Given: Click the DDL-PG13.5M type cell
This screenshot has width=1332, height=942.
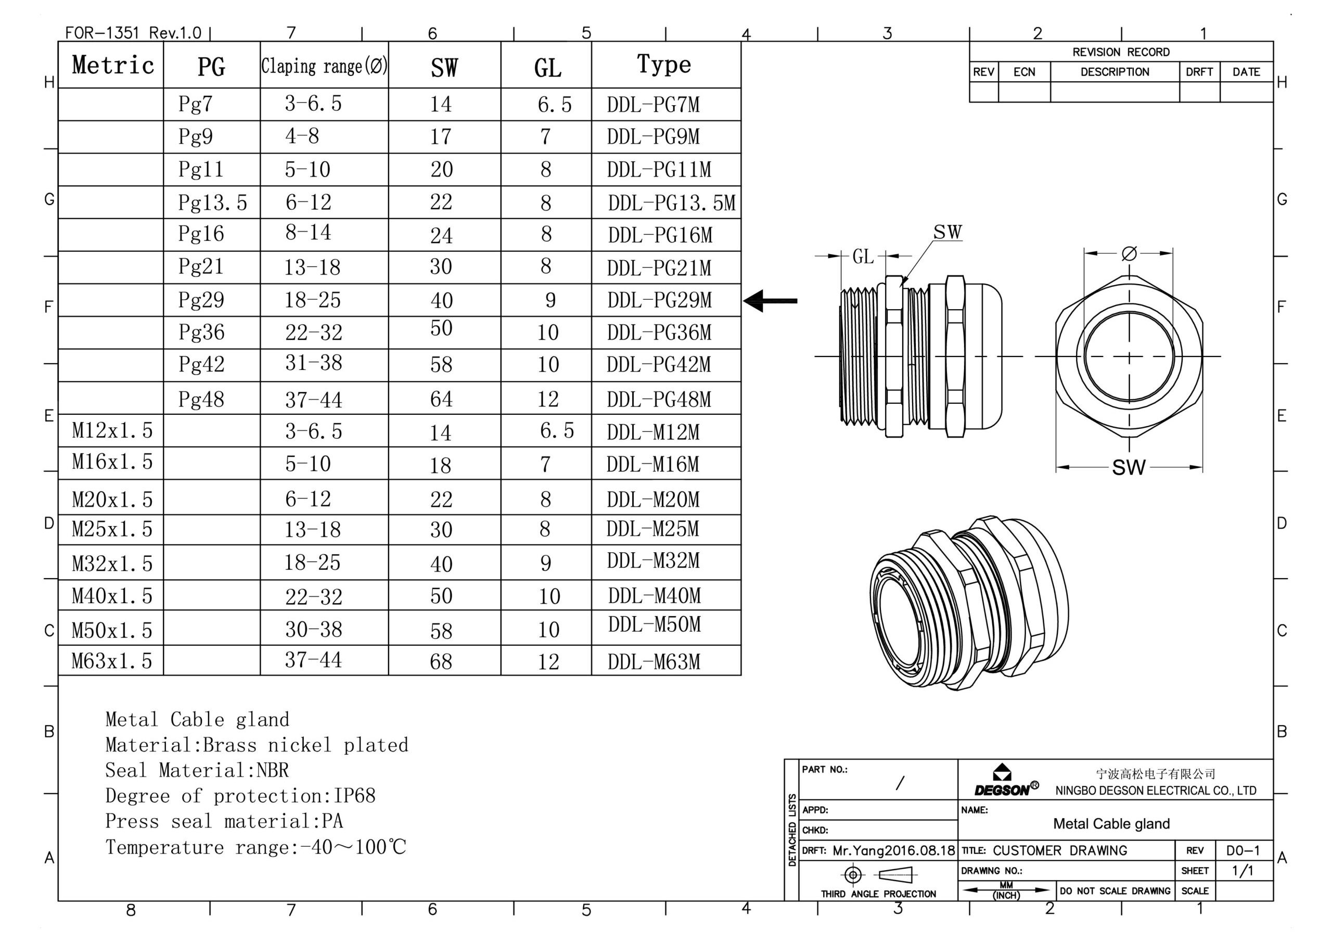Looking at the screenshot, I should click(671, 203).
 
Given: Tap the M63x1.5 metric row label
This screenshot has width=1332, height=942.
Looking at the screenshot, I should click(111, 660).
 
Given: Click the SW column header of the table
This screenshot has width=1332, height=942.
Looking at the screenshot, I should click(444, 68).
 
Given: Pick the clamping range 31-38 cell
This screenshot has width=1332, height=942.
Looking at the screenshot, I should click(313, 363).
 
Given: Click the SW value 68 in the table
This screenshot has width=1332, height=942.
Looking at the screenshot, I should click(441, 661).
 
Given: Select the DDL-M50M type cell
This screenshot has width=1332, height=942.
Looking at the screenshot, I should click(655, 625).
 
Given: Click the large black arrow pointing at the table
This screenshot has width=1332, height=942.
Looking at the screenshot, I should click(770, 301).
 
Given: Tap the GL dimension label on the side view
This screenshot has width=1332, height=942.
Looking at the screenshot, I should click(863, 257).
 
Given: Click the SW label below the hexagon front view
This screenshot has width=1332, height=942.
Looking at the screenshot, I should click(1129, 467).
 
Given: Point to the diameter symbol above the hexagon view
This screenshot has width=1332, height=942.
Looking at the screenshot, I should click(1129, 253).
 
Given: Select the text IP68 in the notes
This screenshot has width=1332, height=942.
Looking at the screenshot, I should click(354, 796).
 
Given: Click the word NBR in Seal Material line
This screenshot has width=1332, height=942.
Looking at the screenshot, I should click(272, 770).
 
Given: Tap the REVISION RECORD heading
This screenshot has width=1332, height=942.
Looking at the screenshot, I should click(1120, 52).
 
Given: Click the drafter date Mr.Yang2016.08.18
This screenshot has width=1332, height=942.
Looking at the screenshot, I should click(893, 851).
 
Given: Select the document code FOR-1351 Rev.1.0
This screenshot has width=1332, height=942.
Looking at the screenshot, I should click(133, 32).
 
